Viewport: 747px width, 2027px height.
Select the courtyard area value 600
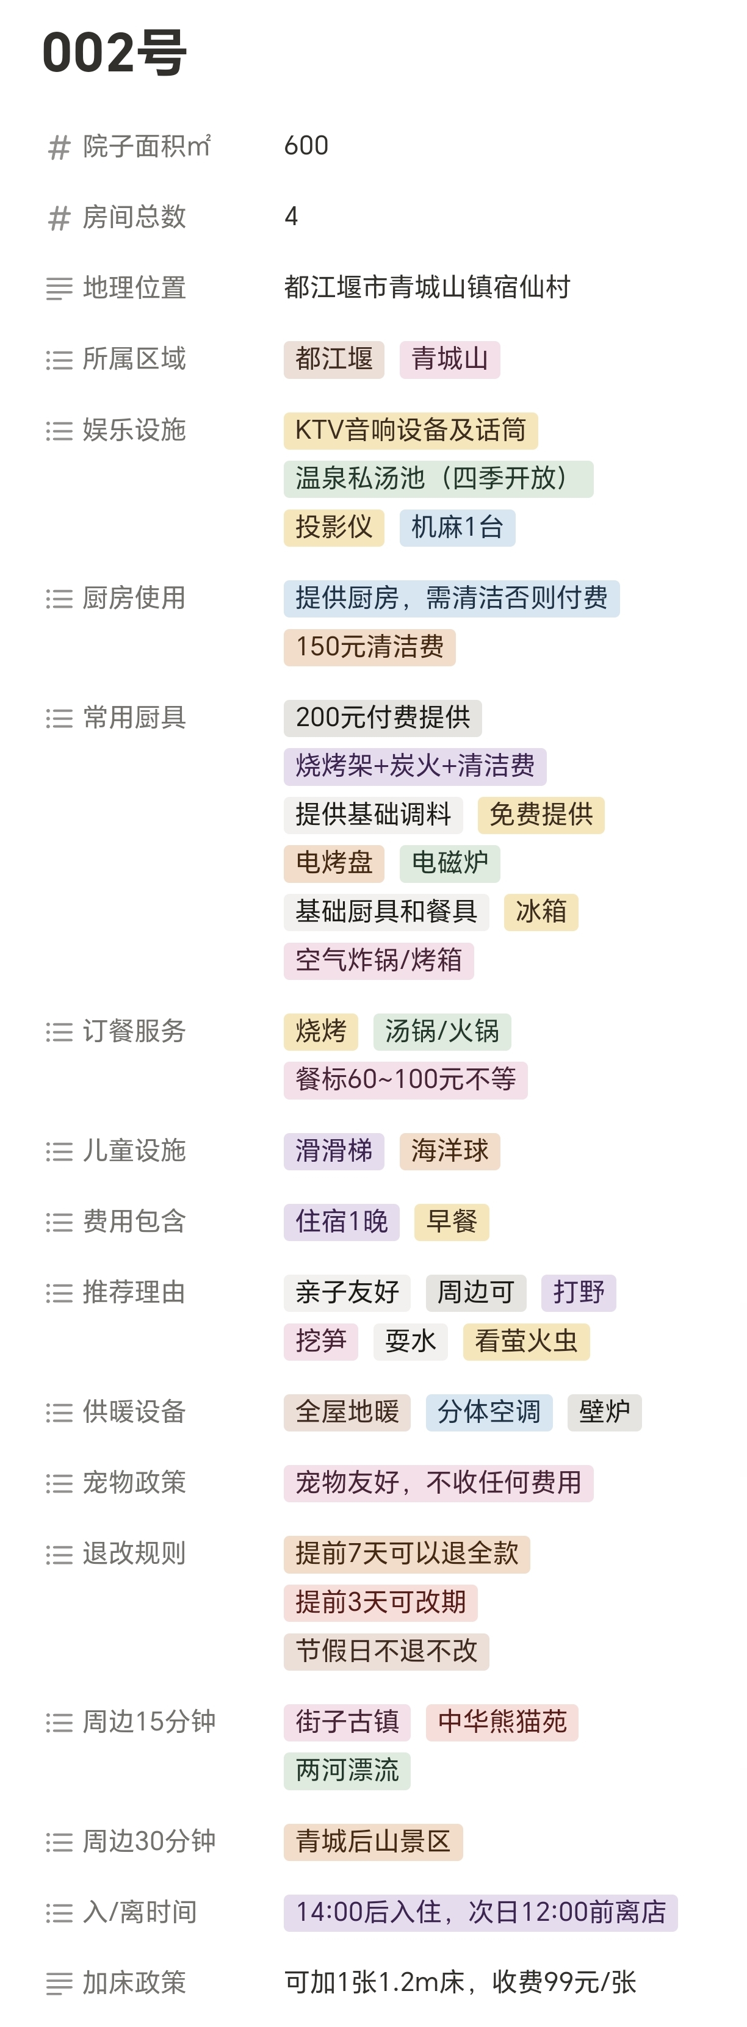coord(306,146)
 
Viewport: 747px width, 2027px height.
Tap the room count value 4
coord(291,217)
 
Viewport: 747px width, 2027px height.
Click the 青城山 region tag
coord(449,359)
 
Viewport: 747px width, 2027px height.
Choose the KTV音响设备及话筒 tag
coord(410,430)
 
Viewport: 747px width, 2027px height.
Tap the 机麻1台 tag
coord(457,527)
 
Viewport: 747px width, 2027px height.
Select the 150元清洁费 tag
coord(369,647)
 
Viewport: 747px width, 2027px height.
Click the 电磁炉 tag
coord(449,863)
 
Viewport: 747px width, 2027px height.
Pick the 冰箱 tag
coord(541,912)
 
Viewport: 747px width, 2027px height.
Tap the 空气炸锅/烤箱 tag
coord(378,961)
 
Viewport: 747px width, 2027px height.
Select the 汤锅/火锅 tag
coord(442,1032)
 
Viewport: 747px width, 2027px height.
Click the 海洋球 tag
coord(449,1151)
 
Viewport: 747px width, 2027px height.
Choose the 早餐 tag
coord(452,1222)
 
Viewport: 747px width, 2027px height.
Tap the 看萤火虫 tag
coord(526,1342)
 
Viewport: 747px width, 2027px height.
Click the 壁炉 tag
coord(604,1413)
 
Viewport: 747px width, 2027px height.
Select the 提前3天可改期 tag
coord(380,1603)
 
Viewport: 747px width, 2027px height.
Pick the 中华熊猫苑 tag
coord(502,1723)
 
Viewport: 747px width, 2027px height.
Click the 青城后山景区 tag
coord(373,1842)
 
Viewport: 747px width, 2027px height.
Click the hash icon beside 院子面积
coord(59,147)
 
